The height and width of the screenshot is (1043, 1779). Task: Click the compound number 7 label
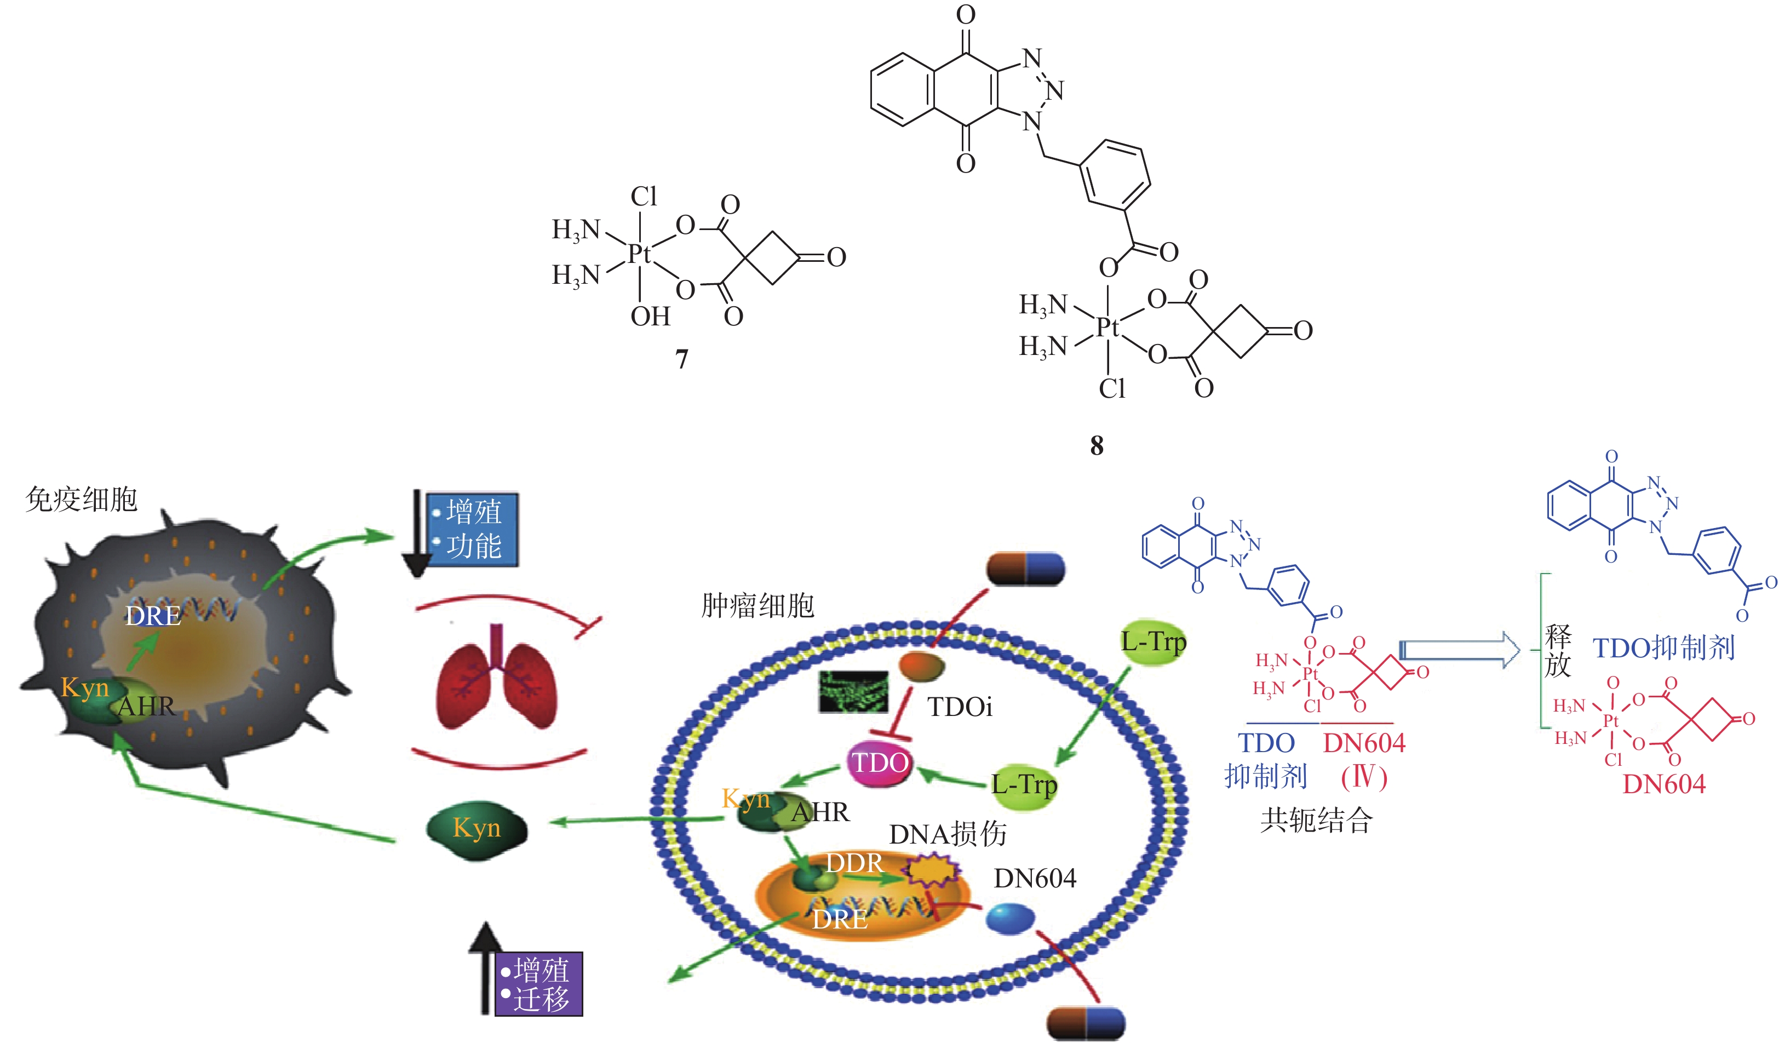pos(681,359)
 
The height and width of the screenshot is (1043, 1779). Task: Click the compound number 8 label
pos(1097,445)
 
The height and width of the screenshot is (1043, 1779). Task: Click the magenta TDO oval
pos(880,763)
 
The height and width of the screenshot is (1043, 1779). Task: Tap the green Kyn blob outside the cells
pos(477,828)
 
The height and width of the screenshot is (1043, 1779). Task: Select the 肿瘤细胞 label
pos(757,606)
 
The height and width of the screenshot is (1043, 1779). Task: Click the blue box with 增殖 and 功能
pos(474,529)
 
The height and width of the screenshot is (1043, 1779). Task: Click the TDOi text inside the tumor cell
pos(960,707)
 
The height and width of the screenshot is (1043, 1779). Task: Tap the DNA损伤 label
pos(948,835)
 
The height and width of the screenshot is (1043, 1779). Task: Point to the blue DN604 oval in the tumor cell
pos(1009,918)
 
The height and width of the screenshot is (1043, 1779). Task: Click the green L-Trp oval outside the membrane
pos(1153,643)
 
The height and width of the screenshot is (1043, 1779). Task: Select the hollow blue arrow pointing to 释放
pos(1459,650)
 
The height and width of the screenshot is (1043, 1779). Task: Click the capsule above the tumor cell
pos(1025,569)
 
